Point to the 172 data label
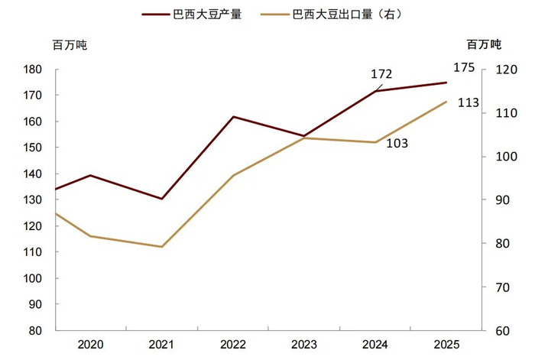[x=381, y=74]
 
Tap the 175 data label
[x=464, y=67]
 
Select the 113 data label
[x=469, y=102]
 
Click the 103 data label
[x=397, y=143]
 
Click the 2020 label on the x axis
[x=92, y=344]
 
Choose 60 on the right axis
[x=504, y=331]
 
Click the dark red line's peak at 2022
[x=232, y=117]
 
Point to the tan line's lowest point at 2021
[x=162, y=247]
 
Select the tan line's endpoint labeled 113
[x=446, y=102]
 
